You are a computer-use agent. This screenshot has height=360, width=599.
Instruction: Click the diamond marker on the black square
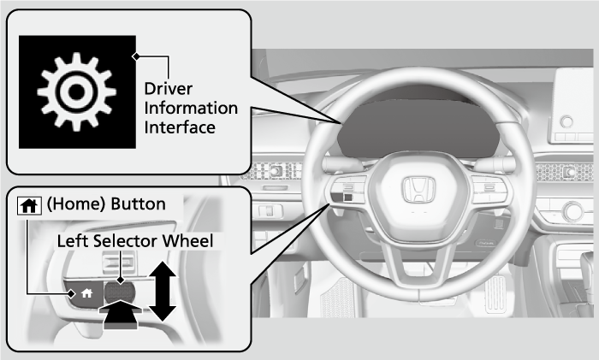[135, 57]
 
